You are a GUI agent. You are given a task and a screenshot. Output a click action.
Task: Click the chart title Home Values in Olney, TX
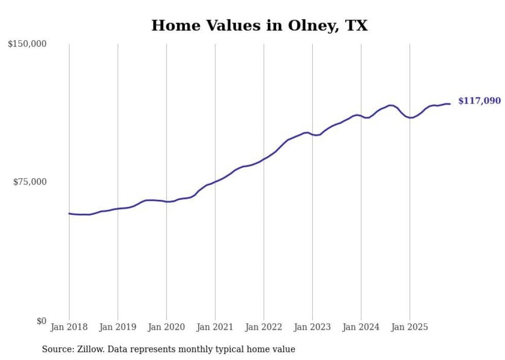coord(259,25)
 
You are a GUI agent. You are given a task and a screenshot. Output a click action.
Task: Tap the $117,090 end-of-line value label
coord(479,101)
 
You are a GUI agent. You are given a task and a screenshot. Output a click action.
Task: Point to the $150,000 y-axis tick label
coord(27,44)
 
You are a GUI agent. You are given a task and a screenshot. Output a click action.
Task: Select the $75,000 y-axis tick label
coord(29,182)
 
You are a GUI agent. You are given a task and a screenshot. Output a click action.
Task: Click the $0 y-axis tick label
coord(41,321)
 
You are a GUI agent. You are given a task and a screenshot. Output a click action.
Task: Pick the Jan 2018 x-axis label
coord(69,327)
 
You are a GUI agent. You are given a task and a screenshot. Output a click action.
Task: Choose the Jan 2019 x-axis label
coord(117,327)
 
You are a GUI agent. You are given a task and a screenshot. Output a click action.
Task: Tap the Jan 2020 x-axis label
coord(166,327)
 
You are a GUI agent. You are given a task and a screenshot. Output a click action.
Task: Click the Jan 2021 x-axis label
coord(215,327)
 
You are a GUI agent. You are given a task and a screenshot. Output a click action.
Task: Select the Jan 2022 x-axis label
coord(264,327)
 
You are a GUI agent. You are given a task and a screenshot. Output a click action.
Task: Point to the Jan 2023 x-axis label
coord(312,327)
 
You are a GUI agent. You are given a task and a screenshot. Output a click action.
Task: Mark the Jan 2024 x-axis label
coord(361,327)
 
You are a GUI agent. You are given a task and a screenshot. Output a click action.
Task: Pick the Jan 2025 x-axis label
coord(410,327)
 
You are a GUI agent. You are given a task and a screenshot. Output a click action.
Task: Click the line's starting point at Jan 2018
coord(69,213)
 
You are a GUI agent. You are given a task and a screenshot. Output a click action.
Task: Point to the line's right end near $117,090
coord(450,104)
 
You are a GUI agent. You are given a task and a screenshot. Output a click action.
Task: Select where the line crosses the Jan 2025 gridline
coord(410,118)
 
